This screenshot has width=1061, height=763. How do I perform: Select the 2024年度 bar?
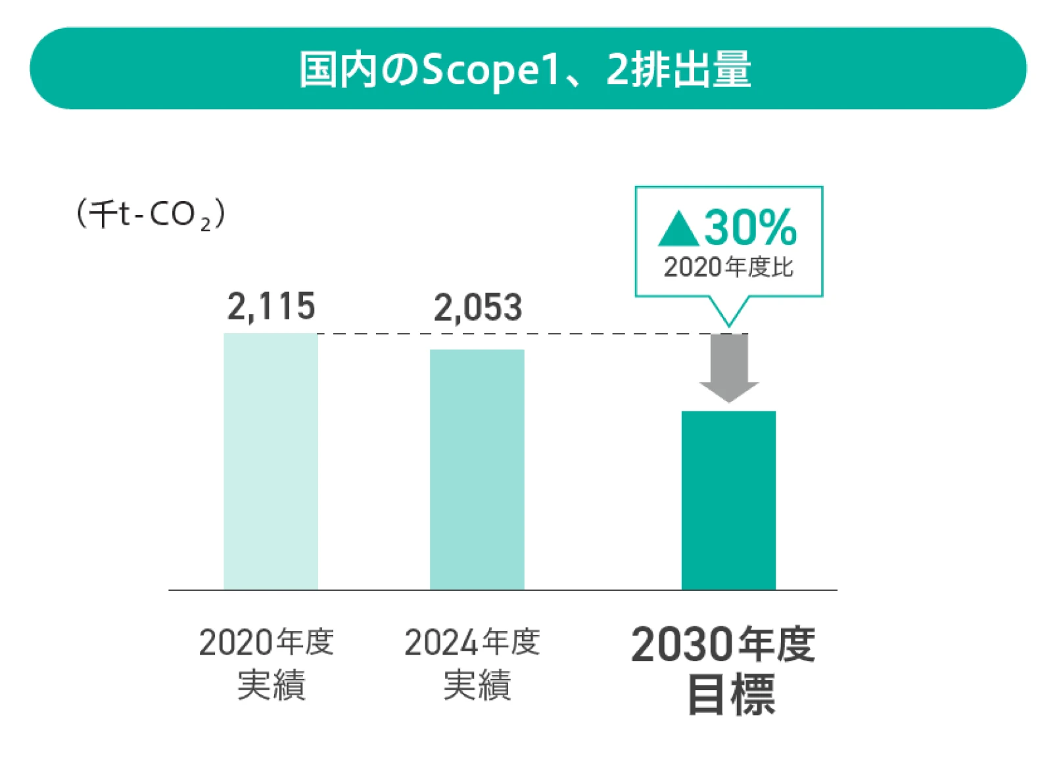(477, 469)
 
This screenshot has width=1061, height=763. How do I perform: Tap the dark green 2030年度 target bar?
(728, 500)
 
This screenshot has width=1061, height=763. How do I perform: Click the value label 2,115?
(271, 306)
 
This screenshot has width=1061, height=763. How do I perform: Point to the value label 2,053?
(477, 308)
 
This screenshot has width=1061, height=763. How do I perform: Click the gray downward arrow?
(728, 368)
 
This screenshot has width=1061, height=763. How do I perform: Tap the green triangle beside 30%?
(678, 230)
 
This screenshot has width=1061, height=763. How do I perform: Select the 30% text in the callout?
(750, 227)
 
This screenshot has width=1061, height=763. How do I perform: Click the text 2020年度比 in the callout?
(728, 267)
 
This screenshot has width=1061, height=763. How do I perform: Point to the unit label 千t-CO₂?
(151, 214)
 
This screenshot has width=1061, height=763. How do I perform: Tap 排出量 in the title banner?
(690, 69)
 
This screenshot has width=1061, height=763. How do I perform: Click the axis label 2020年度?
(266, 642)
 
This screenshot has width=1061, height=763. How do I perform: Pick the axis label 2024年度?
(472, 642)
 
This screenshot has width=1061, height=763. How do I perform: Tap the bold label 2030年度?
(723, 644)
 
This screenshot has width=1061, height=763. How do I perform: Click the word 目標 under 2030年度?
(730, 694)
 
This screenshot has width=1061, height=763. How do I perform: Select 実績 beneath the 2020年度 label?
(271, 685)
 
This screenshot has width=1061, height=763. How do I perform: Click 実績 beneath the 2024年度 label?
(477, 685)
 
